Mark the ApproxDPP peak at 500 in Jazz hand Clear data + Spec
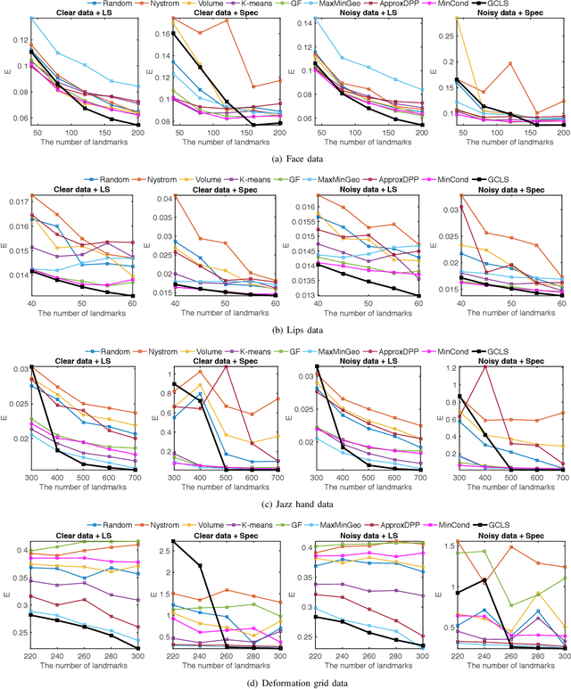click(227, 368)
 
